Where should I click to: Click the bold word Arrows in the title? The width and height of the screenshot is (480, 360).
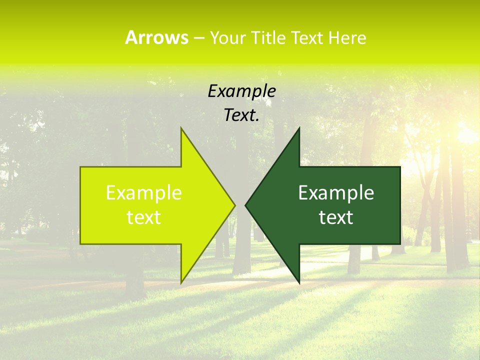tap(156, 37)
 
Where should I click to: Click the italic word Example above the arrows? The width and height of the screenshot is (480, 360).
tap(241, 91)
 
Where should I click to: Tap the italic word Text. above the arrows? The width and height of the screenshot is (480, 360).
tap(241, 115)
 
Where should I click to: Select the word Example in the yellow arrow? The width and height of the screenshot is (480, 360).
tap(144, 193)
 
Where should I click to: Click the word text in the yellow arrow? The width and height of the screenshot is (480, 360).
tap(144, 217)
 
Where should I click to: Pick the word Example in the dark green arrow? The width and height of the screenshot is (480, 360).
tap(336, 193)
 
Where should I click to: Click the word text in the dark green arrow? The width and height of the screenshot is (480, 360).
tap(336, 217)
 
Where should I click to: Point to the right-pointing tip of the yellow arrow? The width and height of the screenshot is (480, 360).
tap(234, 205)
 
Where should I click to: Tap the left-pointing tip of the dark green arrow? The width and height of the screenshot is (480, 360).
tap(246, 205)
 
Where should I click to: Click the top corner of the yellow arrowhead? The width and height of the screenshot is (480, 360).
tap(181, 129)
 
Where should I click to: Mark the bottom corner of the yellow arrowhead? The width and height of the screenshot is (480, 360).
tap(181, 282)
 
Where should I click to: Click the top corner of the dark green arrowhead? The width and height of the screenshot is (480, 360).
tap(299, 129)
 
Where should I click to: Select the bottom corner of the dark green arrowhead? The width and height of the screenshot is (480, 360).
tap(299, 282)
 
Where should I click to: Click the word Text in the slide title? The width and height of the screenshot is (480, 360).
tap(306, 38)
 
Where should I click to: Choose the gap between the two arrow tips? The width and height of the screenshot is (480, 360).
tap(240, 205)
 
